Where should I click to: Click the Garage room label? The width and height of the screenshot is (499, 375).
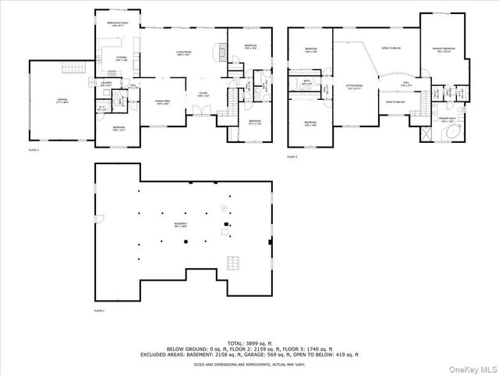pyautogui.click(x=62, y=101)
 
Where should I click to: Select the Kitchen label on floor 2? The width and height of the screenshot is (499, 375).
pyautogui.click(x=121, y=59)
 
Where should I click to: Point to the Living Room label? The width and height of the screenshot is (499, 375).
pyautogui.click(x=185, y=54)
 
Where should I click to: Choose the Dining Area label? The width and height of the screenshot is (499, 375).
pyautogui.click(x=162, y=102)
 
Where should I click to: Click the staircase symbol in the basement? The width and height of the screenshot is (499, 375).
pyautogui.click(x=232, y=262)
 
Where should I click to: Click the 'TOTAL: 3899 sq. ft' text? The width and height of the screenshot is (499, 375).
pyautogui.click(x=249, y=342)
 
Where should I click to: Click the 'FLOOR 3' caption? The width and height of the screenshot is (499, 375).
pyautogui.click(x=292, y=156)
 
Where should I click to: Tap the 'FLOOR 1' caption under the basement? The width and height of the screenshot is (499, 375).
pyautogui.click(x=99, y=310)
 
